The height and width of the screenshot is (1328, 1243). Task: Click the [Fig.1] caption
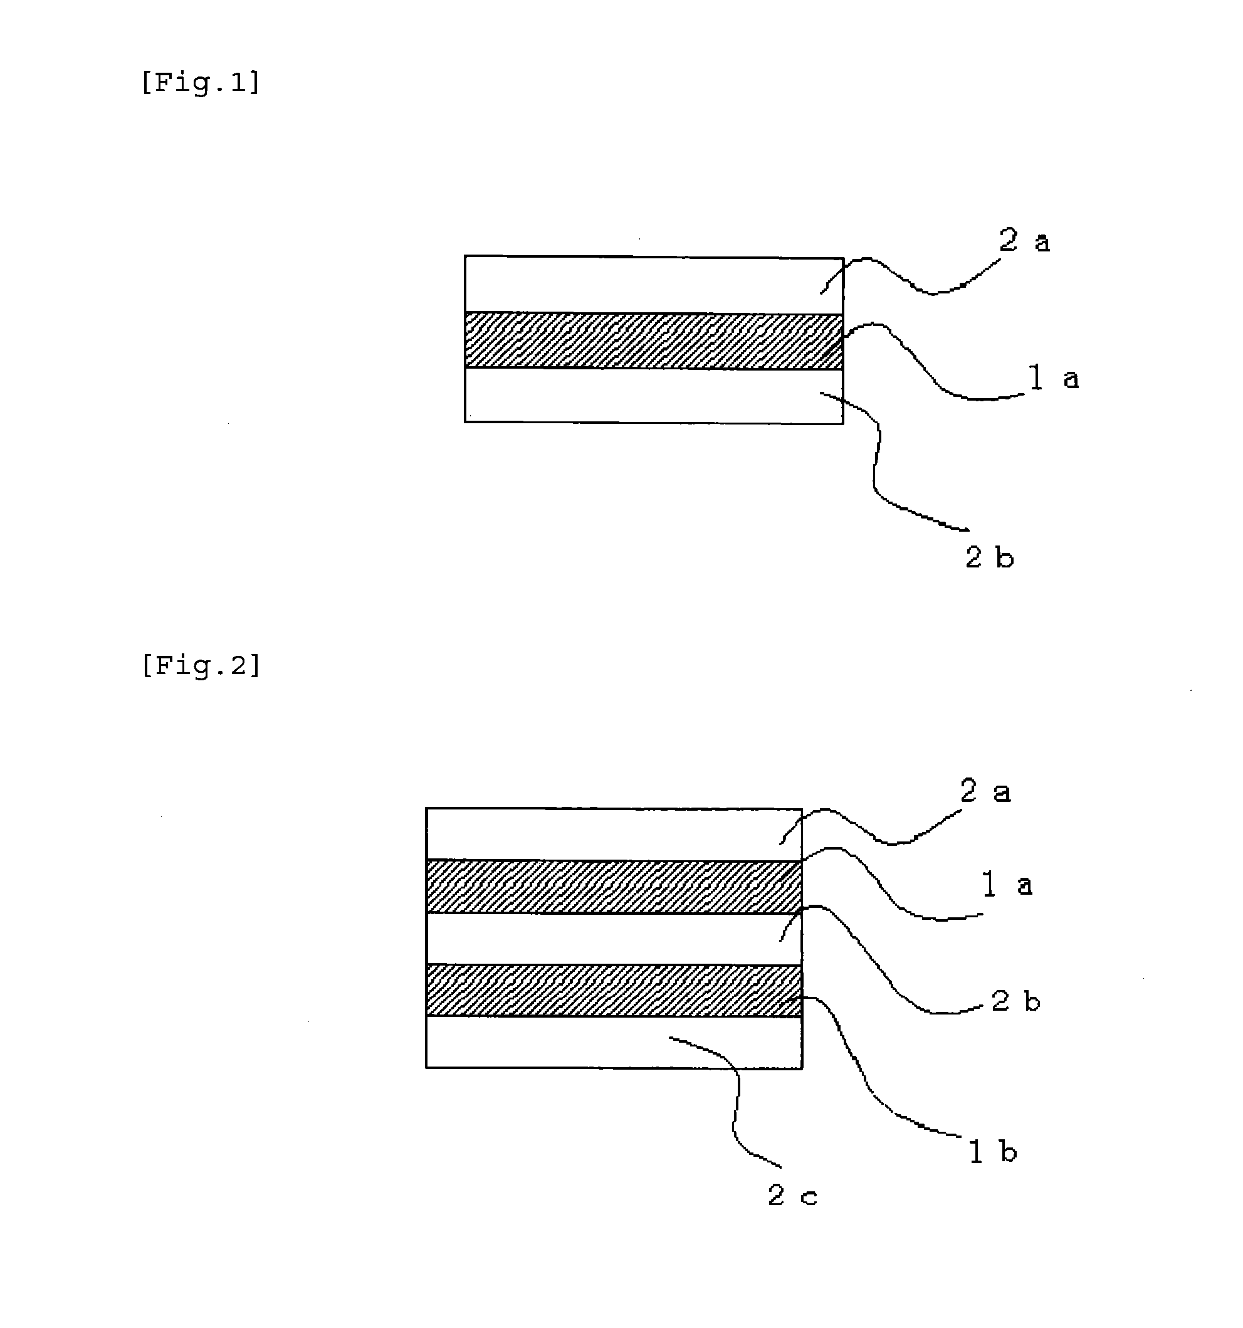tap(201, 82)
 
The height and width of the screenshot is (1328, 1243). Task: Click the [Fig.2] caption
tap(201, 665)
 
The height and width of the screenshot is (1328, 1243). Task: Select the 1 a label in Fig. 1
tap(1053, 379)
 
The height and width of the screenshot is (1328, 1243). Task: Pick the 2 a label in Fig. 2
tap(985, 791)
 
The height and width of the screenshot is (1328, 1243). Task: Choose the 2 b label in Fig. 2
tap(1015, 1001)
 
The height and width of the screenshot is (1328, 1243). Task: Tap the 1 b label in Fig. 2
tap(992, 1151)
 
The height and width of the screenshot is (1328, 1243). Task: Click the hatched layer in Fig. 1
tap(654, 340)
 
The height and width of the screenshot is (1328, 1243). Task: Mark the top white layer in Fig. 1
tap(654, 285)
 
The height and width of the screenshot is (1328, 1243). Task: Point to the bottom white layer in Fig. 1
tap(654, 396)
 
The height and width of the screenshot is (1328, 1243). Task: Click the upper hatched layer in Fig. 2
tap(614, 887)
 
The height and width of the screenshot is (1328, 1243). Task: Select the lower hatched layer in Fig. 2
tap(614, 991)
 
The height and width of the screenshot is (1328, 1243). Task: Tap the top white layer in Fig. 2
tap(614, 835)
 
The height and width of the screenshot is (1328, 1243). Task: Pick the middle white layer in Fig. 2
tap(614, 939)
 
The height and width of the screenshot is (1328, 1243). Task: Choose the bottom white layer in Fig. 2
tap(614, 1042)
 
